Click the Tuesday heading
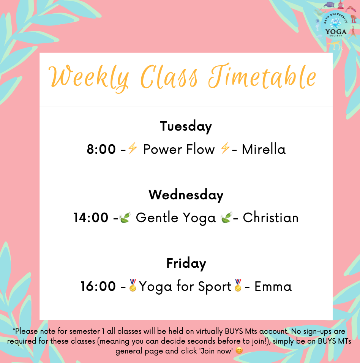(186, 126)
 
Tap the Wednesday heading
(186, 195)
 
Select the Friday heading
(186, 263)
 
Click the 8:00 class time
(101, 149)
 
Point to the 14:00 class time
(91, 218)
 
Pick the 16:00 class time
(98, 286)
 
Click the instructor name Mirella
(264, 149)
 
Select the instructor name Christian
(271, 218)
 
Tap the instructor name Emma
(273, 286)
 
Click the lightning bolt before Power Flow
(133, 148)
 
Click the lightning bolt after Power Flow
(225, 148)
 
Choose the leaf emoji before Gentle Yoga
(125, 217)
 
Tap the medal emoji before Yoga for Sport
(133, 285)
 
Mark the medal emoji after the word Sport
(238, 285)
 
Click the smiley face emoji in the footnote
(239, 350)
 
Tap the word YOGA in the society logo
(336, 32)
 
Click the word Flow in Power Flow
(201, 149)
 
